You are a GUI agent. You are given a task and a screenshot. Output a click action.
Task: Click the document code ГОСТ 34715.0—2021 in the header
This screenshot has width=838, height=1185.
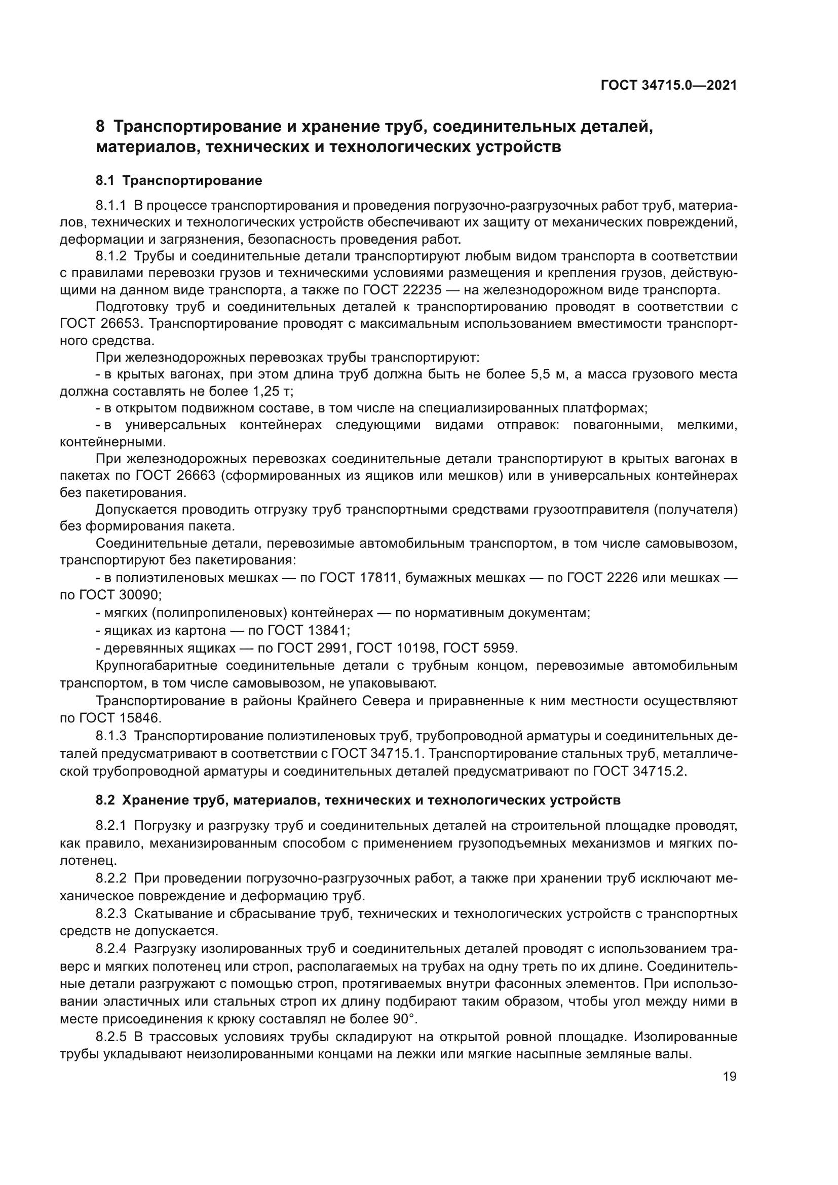point(668,86)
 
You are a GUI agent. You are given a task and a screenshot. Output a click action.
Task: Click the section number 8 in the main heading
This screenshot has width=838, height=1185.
point(100,127)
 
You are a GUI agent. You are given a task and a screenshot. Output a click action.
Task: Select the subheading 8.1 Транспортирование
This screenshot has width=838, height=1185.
point(178,181)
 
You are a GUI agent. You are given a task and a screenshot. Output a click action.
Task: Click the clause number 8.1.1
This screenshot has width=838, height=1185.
point(111,205)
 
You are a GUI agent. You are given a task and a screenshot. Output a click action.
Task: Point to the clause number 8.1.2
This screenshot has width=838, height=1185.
point(111,256)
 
